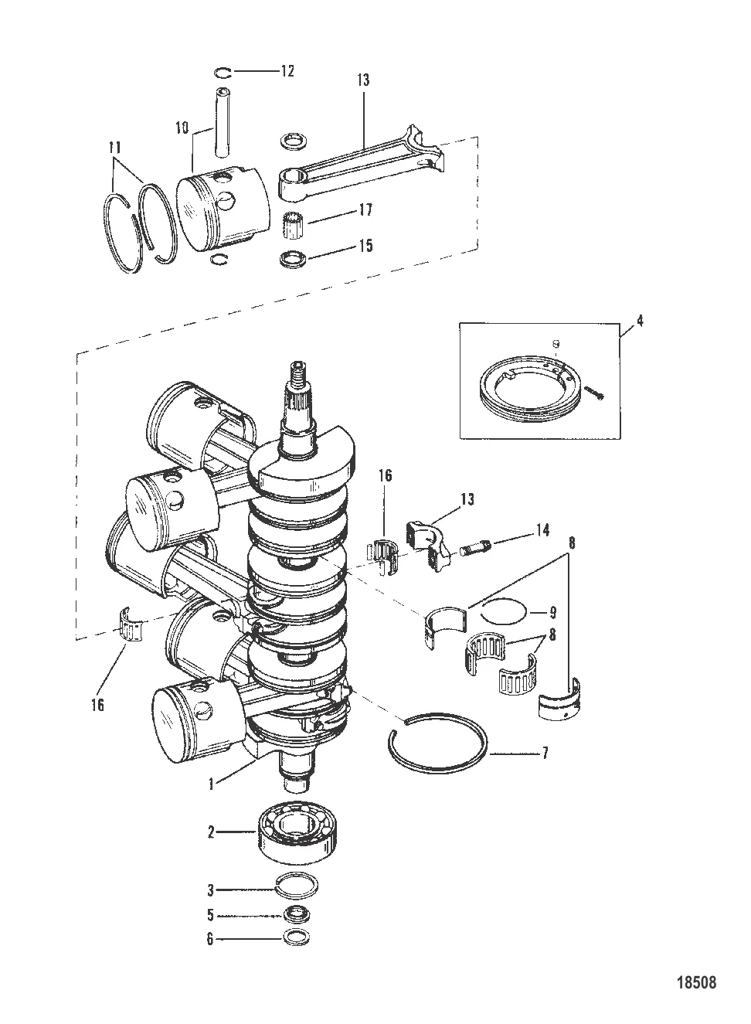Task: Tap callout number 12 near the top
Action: pyautogui.click(x=287, y=71)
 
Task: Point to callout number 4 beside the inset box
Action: pyautogui.click(x=640, y=321)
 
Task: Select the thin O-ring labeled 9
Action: pyautogui.click(x=505, y=611)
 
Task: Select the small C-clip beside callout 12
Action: pyautogui.click(x=223, y=72)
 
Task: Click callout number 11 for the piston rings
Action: pyautogui.click(x=114, y=148)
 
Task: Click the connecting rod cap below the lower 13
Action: pyautogui.click(x=428, y=547)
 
